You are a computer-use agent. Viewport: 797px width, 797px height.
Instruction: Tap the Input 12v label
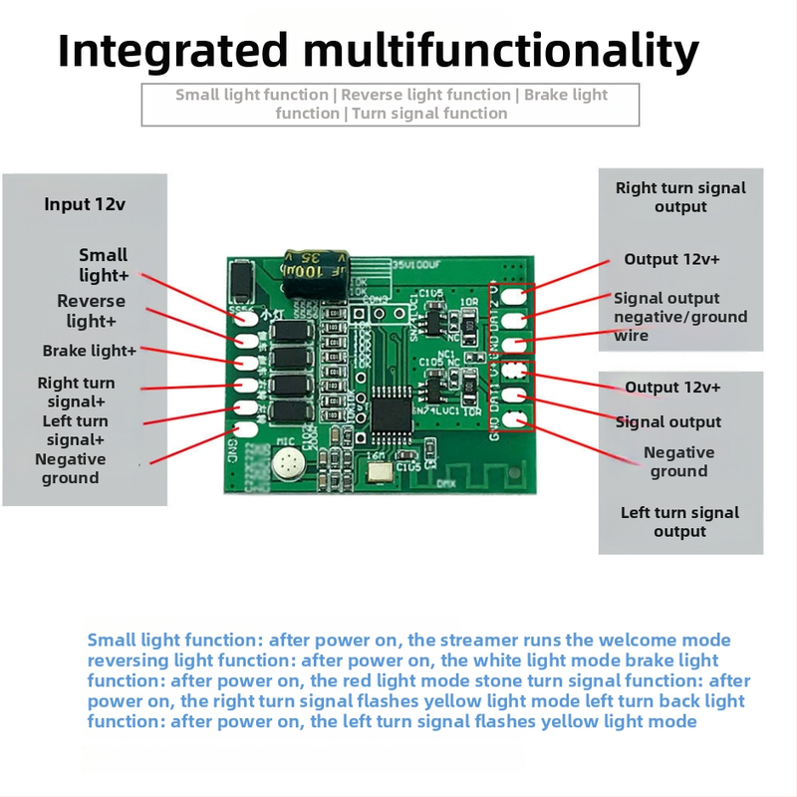click(x=85, y=204)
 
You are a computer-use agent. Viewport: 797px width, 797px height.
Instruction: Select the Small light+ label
click(x=104, y=264)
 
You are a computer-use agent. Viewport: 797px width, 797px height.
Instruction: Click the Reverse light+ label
click(x=91, y=311)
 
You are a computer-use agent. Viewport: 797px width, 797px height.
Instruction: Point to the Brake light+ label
click(x=90, y=351)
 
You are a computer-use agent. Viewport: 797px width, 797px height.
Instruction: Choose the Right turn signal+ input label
click(x=76, y=392)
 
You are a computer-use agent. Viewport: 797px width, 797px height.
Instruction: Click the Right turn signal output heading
click(x=680, y=197)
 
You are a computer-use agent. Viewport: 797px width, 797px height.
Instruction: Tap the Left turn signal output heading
click(x=680, y=522)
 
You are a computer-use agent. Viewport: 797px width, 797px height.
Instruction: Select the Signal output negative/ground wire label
click(x=679, y=316)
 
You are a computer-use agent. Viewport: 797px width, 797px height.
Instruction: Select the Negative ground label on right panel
click(x=678, y=461)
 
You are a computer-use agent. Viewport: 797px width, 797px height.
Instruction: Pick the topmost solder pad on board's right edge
click(x=513, y=295)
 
